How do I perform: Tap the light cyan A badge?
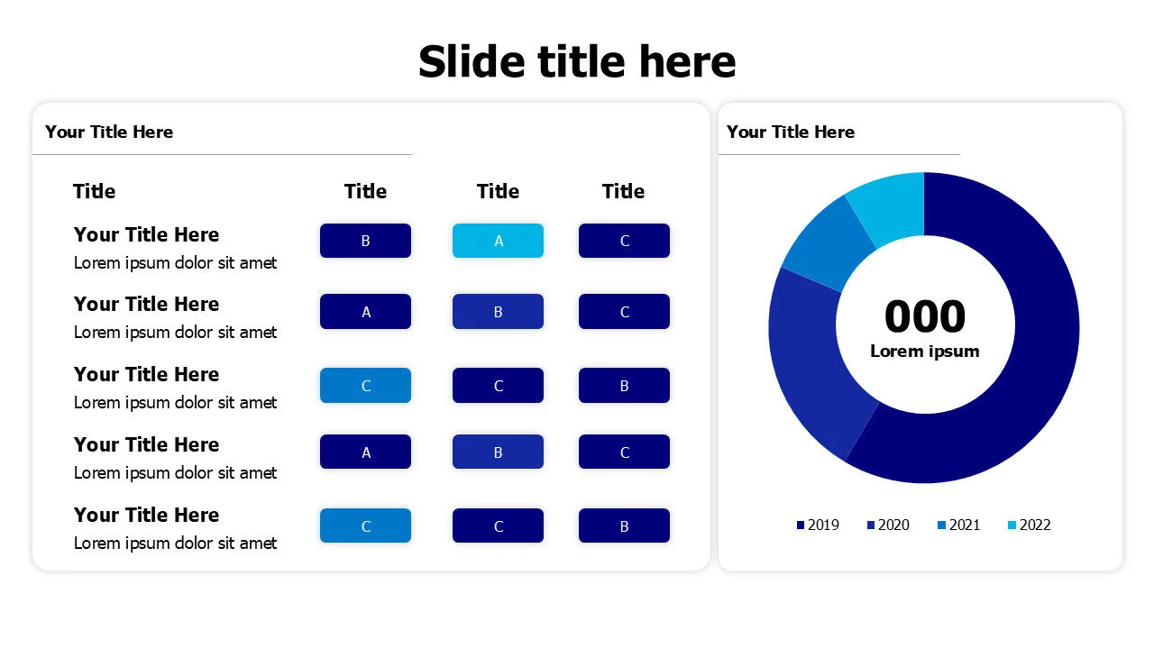(x=498, y=241)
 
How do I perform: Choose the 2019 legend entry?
(x=818, y=525)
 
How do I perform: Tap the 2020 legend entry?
(x=888, y=525)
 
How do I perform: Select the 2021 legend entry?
(x=958, y=525)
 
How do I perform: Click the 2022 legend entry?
(x=1029, y=525)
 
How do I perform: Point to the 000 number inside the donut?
(x=924, y=316)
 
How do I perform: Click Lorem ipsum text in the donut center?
(x=924, y=351)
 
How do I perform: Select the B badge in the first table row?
(x=365, y=241)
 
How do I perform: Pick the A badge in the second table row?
(x=365, y=312)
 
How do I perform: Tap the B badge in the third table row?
(x=624, y=386)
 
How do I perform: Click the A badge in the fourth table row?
(x=365, y=452)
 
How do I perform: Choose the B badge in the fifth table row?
(x=624, y=526)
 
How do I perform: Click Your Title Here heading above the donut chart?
(x=791, y=132)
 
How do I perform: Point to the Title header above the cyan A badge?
(x=498, y=191)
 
